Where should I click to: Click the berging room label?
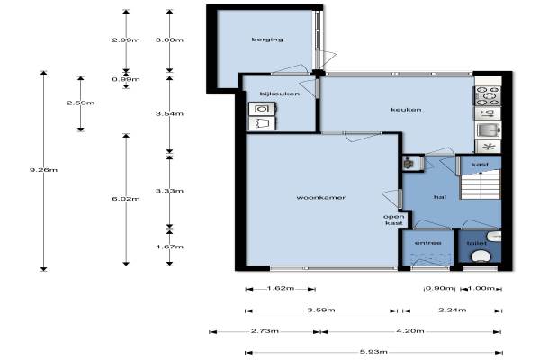click(267, 40)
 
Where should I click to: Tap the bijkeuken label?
click(280, 94)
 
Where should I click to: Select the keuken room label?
click(406, 110)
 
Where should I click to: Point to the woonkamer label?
click(320, 197)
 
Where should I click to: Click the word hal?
click(440, 197)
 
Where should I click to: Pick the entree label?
click(428, 243)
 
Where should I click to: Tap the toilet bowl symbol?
click(481, 256)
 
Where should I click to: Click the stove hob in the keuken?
click(488, 95)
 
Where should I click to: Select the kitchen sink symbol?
click(488, 130)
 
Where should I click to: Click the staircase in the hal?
click(481, 185)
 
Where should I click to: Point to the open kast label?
click(394, 220)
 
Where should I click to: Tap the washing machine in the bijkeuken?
click(262, 109)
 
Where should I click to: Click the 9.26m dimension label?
click(43, 170)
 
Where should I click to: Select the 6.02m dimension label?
click(126, 199)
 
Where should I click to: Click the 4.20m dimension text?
click(410, 331)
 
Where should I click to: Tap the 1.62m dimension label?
click(281, 288)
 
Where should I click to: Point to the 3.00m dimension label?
click(169, 40)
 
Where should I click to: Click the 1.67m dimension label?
click(169, 247)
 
